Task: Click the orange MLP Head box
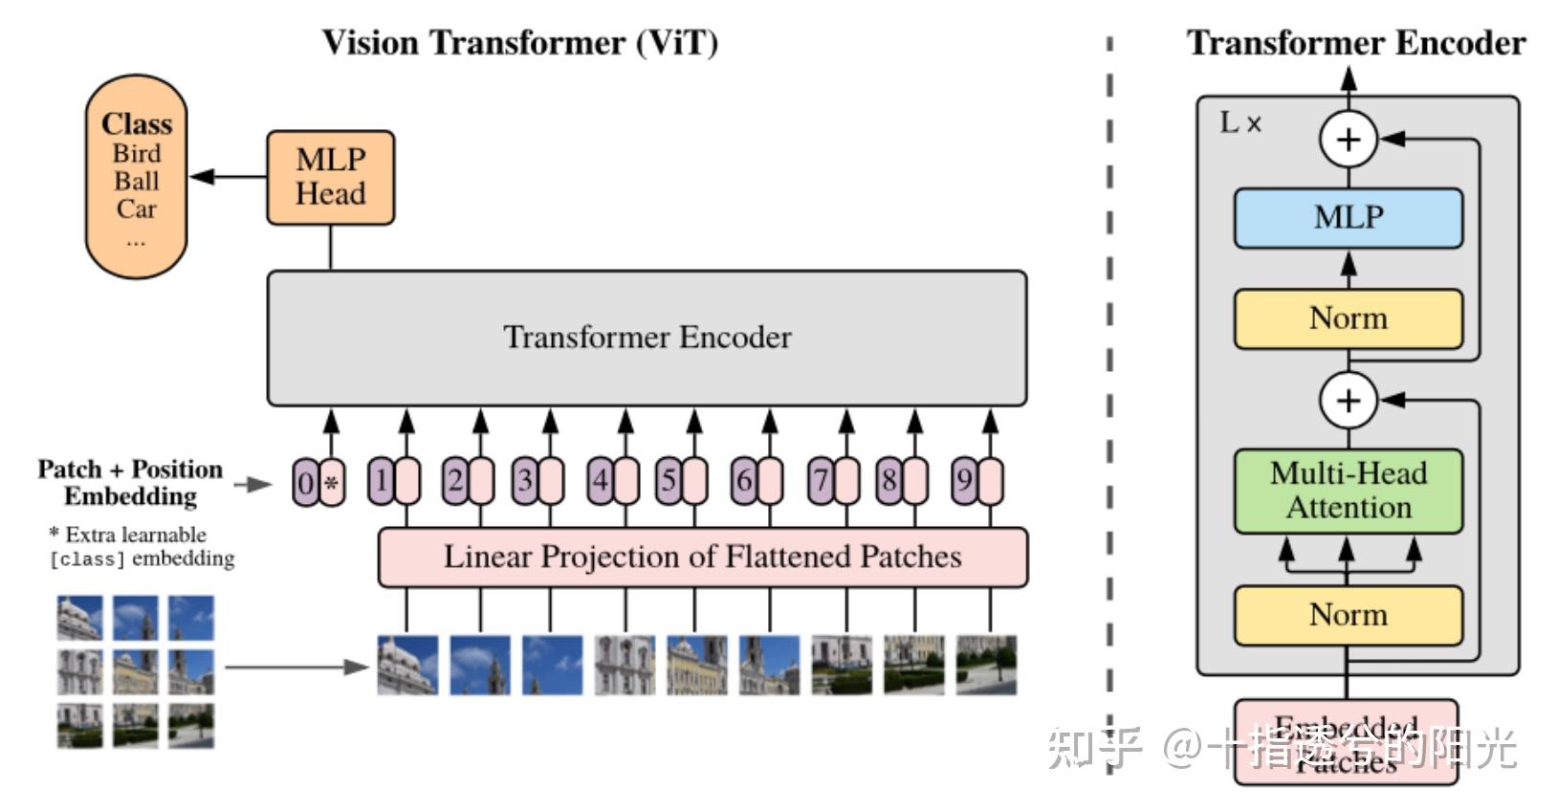click(x=330, y=177)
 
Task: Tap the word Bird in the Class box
click(x=137, y=153)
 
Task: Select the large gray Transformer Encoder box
click(x=647, y=338)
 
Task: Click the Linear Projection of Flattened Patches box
click(x=702, y=557)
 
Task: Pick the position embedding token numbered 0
click(x=305, y=482)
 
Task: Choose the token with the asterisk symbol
click(x=332, y=482)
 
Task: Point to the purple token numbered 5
click(x=669, y=480)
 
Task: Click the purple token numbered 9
click(x=964, y=480)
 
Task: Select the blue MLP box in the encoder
click(x=1348, y=217)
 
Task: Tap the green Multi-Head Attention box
click(x=1348, y=491)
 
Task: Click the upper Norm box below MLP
click(x=1348, y=318)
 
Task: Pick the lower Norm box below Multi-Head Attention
click(x=1348, y=614)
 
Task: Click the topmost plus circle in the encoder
click(x=1348, y=140)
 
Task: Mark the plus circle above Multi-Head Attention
click(x=1348, y=400)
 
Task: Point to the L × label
click(x=1240, y=123)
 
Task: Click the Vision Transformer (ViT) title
click(x=519, y=43)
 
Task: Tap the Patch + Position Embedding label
click(x=130, y=482)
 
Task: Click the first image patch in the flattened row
click(x=407, y=665)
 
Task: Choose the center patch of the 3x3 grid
click(x=135, y=671)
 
